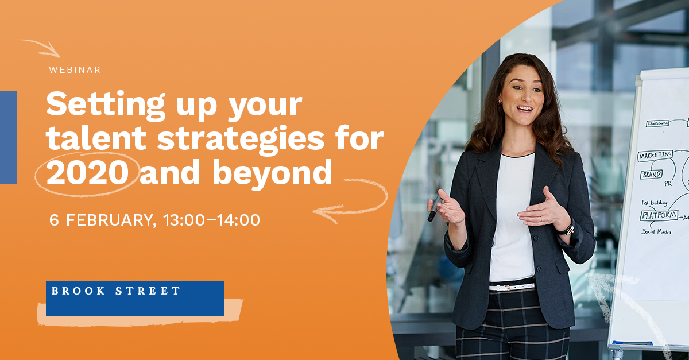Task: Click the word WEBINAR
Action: [x=75, y=70]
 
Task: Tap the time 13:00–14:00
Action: [x=211, y=220]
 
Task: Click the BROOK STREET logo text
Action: [x=116, y=291]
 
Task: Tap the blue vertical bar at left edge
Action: [x=8, y=137]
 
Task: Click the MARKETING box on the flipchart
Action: [x=655, y=155]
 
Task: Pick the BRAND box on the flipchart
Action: [x=652, y=174]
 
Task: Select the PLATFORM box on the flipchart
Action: [x=659, y=216]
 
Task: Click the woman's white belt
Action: [x=511, y=286]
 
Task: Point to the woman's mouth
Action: [x=524, y=108]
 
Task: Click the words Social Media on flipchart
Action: [x=657, y=231]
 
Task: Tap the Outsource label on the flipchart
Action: [x=658, y=123]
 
